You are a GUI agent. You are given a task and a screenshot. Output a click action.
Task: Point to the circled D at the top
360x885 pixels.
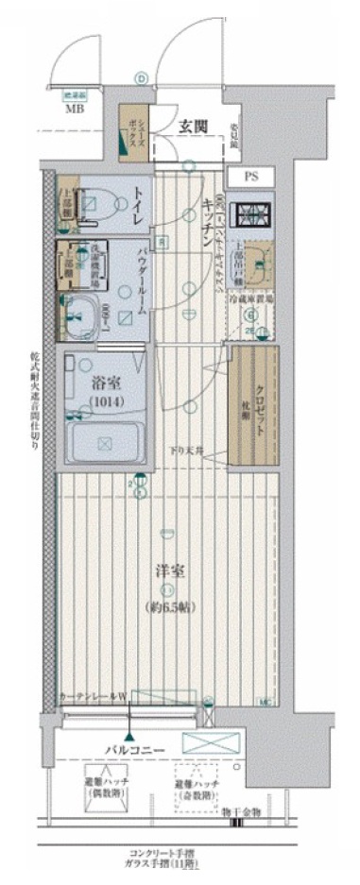click(x=141, y=78)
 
